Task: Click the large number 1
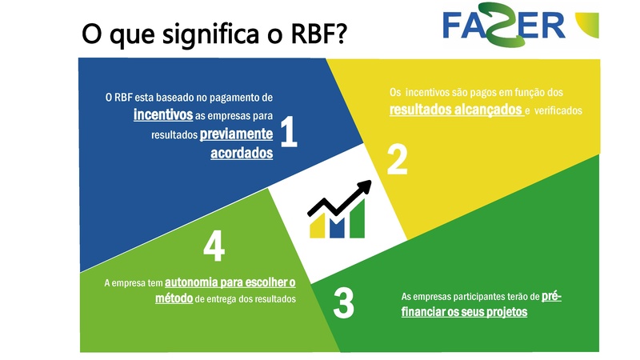[289, 133]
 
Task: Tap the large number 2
[397, 159]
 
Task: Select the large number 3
[343, 304]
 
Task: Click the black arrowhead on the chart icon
[365, 188]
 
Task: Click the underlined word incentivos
[163, 115]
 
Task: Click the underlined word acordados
[242, 154]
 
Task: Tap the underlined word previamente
[237, 134]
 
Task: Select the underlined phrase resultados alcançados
[455, 110]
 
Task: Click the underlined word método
[174, 298]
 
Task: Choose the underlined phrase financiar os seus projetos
[464, 312]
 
